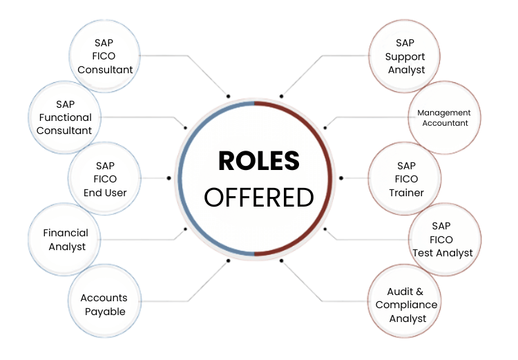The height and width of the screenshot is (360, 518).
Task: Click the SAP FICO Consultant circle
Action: pyautogui.click(x=105, y=56)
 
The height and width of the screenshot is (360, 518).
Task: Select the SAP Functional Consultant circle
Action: pyautogui.click(x=64, y=117)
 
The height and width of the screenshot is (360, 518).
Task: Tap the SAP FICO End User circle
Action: pyautogui.click(x=105, y=179)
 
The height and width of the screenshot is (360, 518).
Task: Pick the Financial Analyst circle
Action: pyautogui.click(x=64, y=240)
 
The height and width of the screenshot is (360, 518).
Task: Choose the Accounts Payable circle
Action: pyautogui.click(x=104, y=304)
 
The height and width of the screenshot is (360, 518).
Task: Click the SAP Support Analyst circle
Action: pyautogui.click(x=405, y=56)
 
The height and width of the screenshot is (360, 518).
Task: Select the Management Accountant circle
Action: pyautogui.click(x=443, y=117)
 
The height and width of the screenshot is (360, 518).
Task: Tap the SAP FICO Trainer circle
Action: pyautogui.click(x=405, y=179)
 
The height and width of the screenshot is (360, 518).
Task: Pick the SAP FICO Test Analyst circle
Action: pyautogui.click(x=443, y=239)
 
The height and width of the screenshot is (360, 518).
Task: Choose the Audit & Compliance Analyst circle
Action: pyautogui.click(x=405, y=305)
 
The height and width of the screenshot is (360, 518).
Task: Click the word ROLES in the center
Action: pyautogui.click(x=259, y=161)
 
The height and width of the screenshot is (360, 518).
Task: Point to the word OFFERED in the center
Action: pyautogui.click(x=259, y=197)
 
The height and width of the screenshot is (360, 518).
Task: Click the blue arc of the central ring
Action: pyautogui.click(x=180, y=178)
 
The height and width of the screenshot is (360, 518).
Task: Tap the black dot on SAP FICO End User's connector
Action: pyautogui.click(x=169, y=178)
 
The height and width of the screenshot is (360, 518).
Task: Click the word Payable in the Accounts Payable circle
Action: pyautogui.click(x=105, y=312)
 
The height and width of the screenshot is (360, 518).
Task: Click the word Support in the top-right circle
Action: pyautogui.click(x=405, y=57)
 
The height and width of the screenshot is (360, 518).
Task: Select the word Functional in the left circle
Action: pyautogui.click(x=64, y=117)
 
